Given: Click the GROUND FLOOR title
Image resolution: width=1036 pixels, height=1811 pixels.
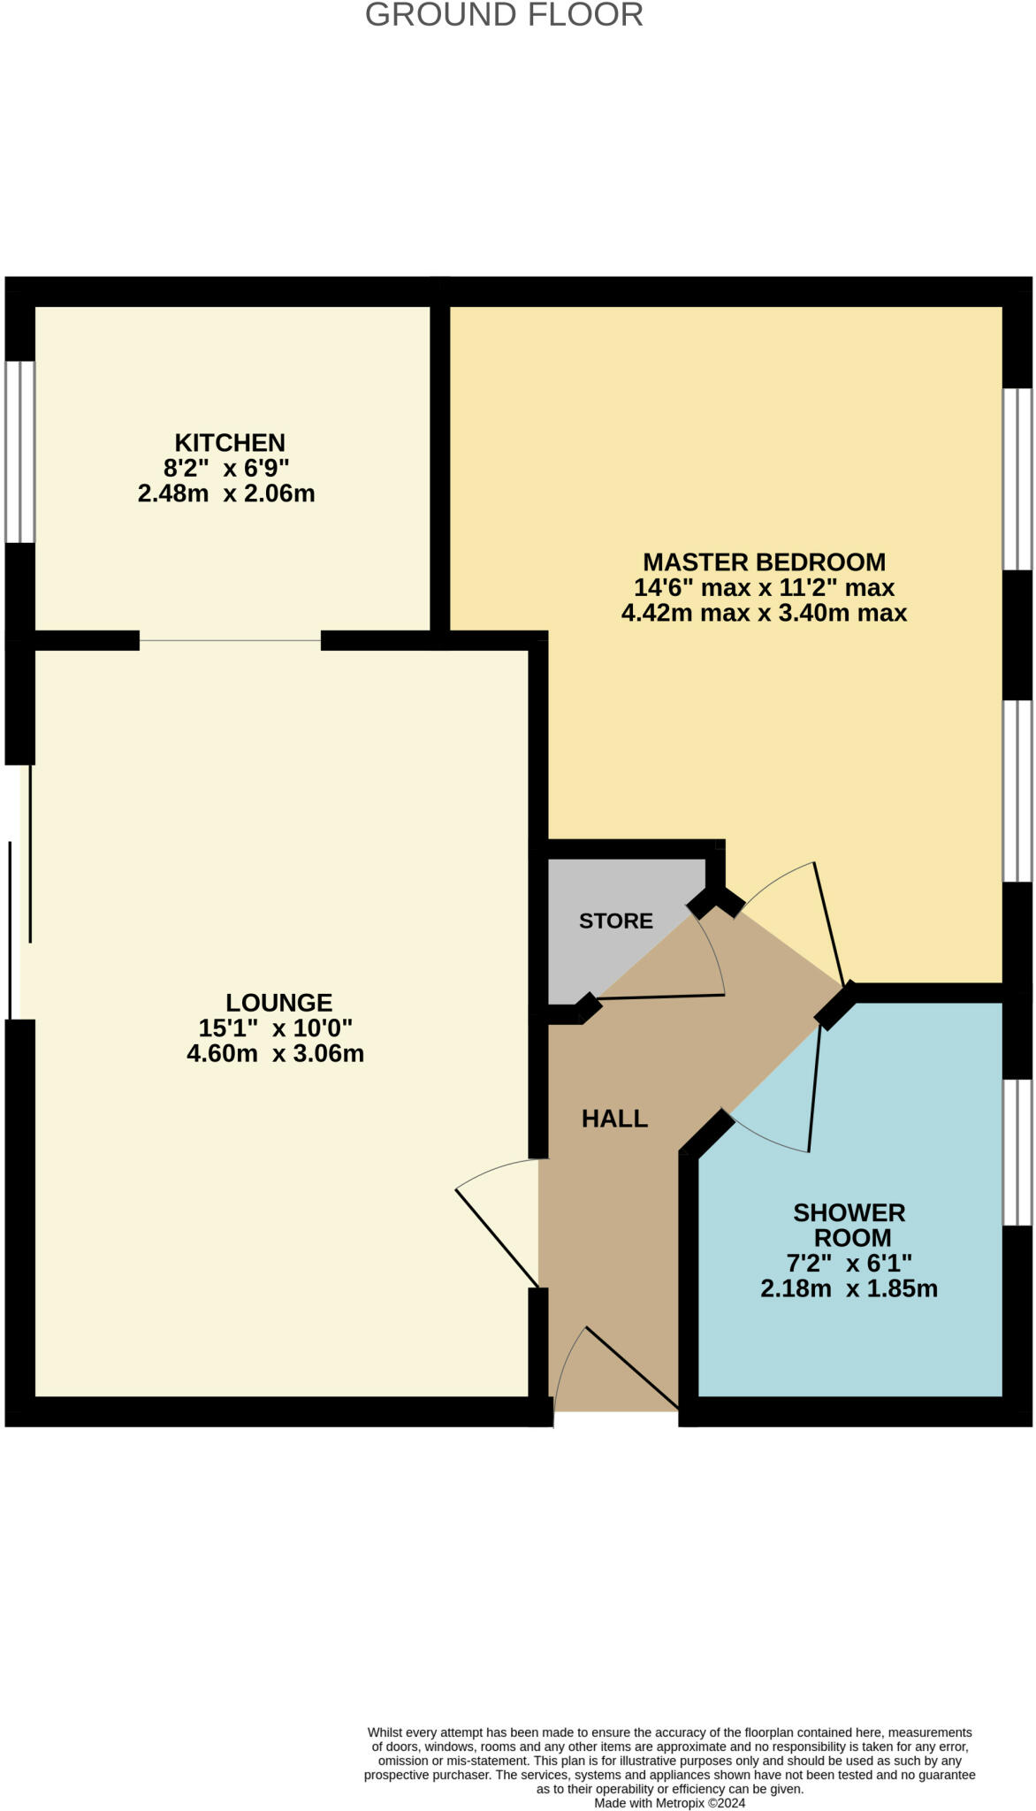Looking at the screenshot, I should pyautogui.click(x=504, y=15).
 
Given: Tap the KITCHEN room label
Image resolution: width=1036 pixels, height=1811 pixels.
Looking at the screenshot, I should pyautogui.click(x=230, y=442).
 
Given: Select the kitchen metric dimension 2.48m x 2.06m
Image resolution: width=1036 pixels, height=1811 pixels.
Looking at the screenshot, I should pyautogui.click(x=226, y=493).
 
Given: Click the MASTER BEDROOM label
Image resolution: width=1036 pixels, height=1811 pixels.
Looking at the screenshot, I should pyautogui.click(x=764, y=562).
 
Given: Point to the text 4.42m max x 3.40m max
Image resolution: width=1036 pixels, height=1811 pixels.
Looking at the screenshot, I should pyautogui.click(x=764, y=613).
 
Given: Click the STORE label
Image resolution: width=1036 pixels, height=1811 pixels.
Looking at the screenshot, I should pyautogui.click(x=616, y=921).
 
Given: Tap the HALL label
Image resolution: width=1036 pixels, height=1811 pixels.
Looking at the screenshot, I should pyautogui.click(x=614, y=1119).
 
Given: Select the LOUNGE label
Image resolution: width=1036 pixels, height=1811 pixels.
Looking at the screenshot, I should pyautogui.click(x=278, y=1002).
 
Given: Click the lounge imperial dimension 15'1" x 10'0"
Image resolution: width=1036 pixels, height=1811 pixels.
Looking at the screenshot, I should pyautogui.click(x=276, y=1028).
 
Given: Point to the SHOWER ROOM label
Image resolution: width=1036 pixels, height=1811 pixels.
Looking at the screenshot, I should pyautogui.click(x=849, y=1225).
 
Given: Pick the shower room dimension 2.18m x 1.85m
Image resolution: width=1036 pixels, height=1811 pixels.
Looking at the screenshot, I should pyautogui.click(x=849, y=1288).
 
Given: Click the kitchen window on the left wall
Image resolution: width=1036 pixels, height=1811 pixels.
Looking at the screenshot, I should pyautogui.click(x=19, y=451).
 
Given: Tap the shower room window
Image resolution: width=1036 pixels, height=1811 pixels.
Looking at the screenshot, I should pyautogui.click(x=1017, y=1151).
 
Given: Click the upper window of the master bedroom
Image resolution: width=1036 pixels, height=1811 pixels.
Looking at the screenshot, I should pyautogui.click(x=1017, y=478).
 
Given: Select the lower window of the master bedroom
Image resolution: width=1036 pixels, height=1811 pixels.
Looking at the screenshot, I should pyautogui.click(x=1017, y=791).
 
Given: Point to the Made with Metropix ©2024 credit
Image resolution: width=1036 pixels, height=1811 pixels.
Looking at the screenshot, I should pyautogui.click(x=669, y=1803).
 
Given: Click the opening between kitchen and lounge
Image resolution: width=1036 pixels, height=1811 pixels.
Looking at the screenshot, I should pyautogui.click(x=230, y=640).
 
